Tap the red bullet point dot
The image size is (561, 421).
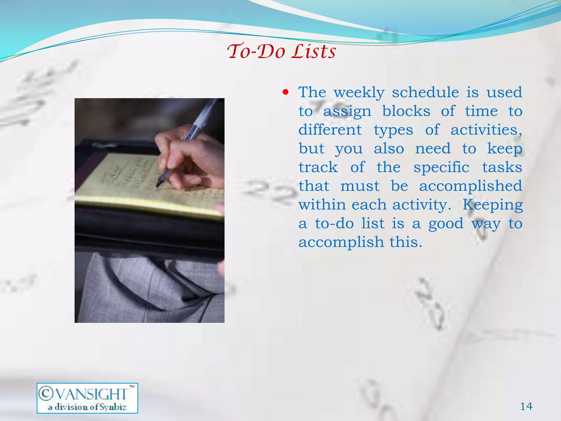click(x=286, y=92)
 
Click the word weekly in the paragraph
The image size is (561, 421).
click(x=359, y=92)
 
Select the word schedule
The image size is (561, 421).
click(x=425, y=92)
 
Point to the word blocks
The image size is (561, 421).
click(x=406, y=111)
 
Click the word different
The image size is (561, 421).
click(x=330, y=130)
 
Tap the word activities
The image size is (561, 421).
click(x=486, y=130)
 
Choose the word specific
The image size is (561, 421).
click(x=441, y=167)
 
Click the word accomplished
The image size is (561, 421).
click(x=470, y=186)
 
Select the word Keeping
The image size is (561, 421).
click(x=493, y=205)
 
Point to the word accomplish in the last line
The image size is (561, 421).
click(x=341, y=242)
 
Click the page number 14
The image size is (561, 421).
click(x=526, y=406)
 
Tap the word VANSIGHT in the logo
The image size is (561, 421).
click(x=91, y=394)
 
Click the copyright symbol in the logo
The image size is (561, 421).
click(x=46, y=393)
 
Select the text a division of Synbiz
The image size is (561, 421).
click(x=87, y=407)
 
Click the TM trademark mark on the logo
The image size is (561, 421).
click(x=132, y=387)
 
